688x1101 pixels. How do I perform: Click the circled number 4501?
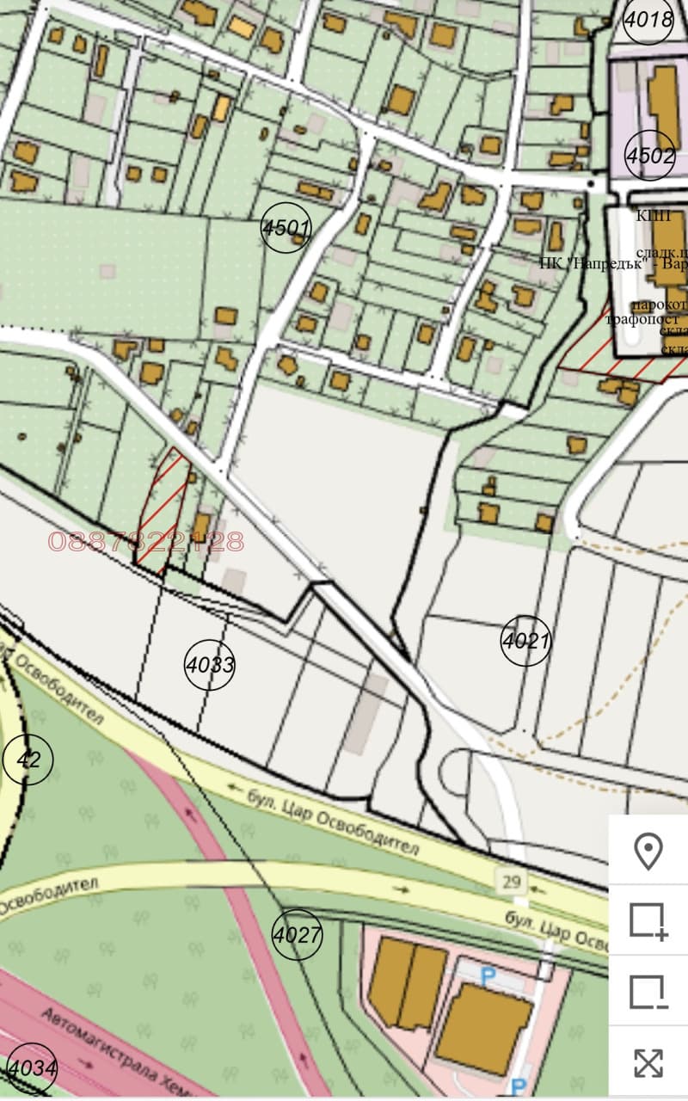pos(286,228)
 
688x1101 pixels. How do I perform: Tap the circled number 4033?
pos(210,665)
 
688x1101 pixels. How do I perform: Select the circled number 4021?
pos(525,641)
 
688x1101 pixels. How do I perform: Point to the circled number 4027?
pos(298,934)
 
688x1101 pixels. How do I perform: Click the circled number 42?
pos(28,760)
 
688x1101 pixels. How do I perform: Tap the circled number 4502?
pos(650,156)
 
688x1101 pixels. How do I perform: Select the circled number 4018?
pos(648,18)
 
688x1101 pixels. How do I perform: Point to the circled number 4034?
pos(31,1071)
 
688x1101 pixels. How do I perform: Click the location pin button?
pos(648,852)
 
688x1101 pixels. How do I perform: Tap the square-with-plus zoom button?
pos(648,921)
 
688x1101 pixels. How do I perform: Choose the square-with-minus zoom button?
pos(648,992)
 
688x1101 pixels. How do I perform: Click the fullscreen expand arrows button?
pos(648,1063)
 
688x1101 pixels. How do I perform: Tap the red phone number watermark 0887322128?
pos(146,542)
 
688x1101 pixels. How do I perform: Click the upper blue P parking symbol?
pos(488,976)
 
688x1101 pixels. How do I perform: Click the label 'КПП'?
pos(653,216)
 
